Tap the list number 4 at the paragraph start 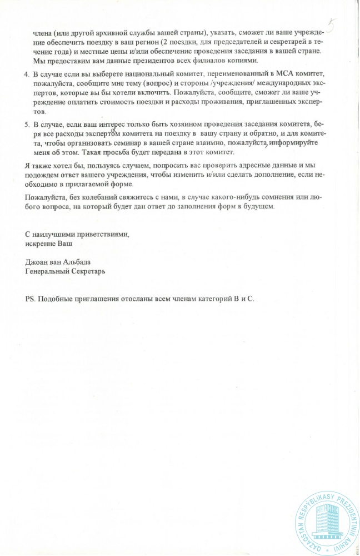click(x=28, y=74)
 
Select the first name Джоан click(x=38, y=262)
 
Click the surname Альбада click(x=76, y=262)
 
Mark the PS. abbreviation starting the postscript click(x=30, y=299)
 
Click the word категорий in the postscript click(x=208, y=299)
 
